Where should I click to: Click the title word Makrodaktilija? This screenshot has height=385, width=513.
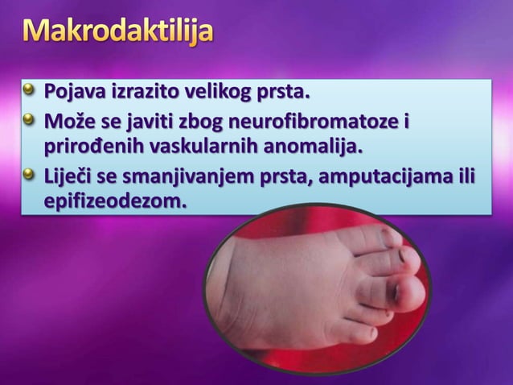tap(118, 35)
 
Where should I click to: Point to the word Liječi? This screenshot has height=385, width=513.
tap(71, 175)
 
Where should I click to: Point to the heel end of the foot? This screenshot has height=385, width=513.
tap(219, 302)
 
